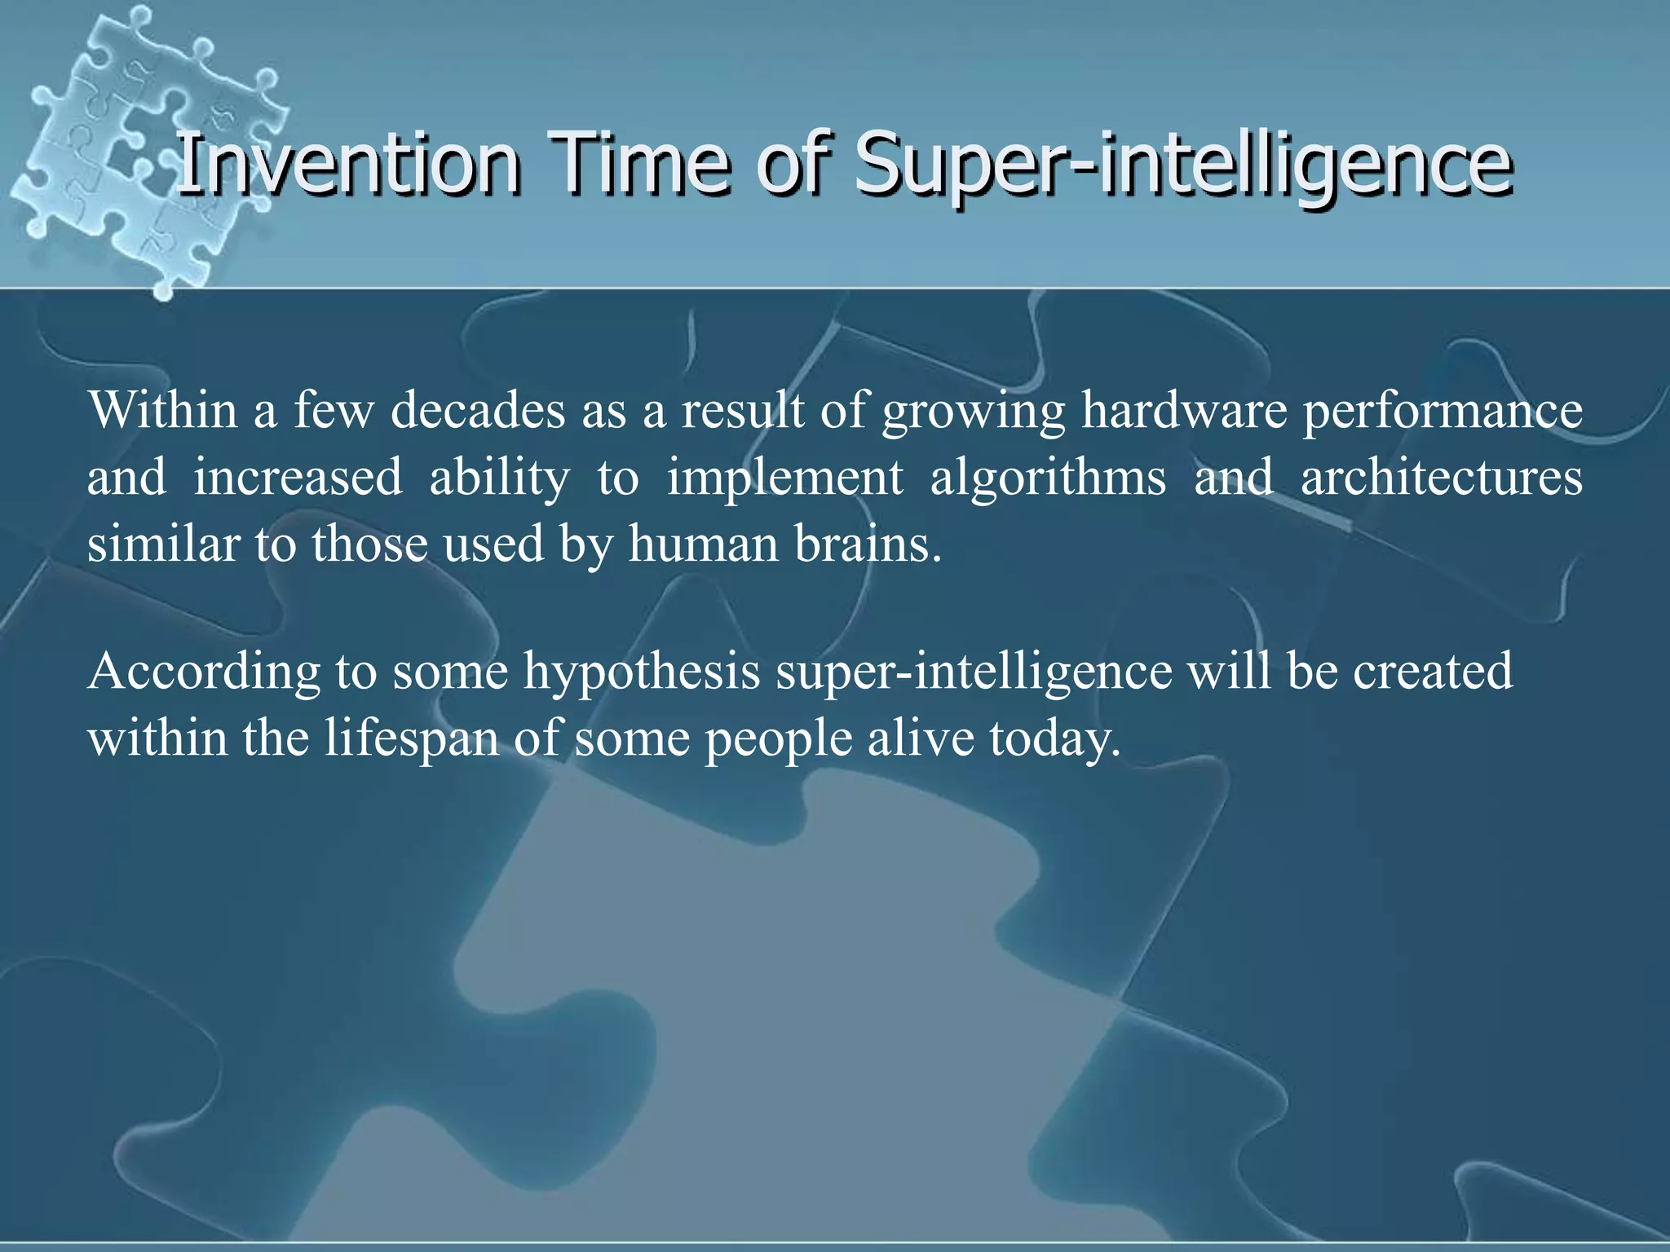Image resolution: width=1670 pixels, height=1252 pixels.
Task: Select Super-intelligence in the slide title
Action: pyautogui.click(x=1182, y=165)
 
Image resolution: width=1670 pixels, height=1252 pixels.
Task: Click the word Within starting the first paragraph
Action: pyautogui.click(x=163, y=410)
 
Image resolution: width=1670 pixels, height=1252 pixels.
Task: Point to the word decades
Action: pyautogui.click(x=477, y=410)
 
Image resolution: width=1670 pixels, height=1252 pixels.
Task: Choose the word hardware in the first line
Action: pyautogui.click(x=1183, y=410)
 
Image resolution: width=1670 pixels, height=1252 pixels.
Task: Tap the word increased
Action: pyautogui.click(x=298, y=478)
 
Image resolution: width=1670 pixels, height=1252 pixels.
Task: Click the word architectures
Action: pyautogui.click(x=1441, y=478)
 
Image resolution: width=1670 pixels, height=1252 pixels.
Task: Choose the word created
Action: pyautogui.click(x=1433, y=672)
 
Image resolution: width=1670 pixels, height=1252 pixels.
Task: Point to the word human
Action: pyautogui.click(x=703, y=544)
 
